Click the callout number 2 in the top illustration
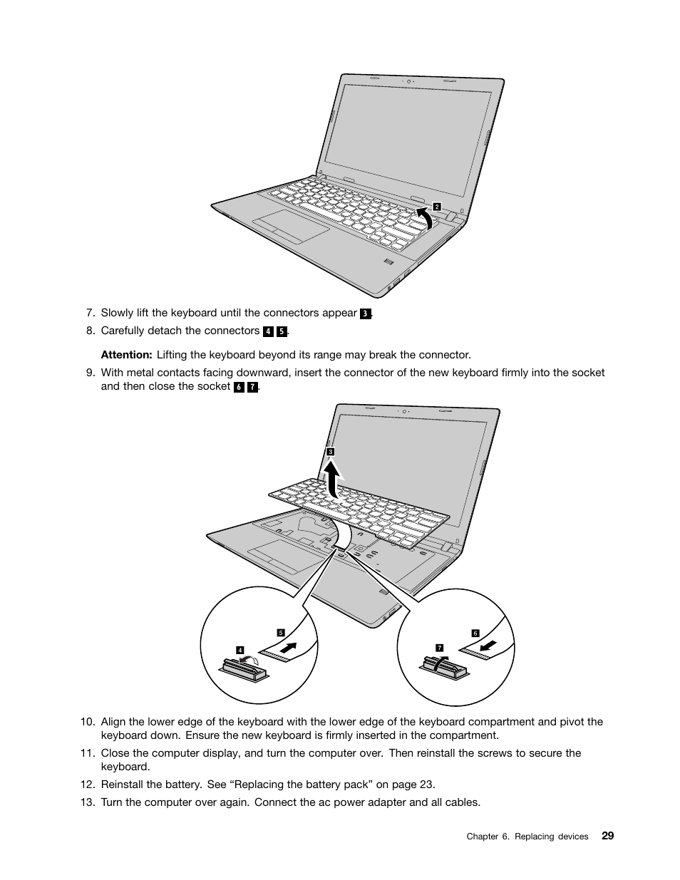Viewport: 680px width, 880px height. click(437, 207)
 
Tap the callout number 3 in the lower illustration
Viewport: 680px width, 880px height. click(331, 452)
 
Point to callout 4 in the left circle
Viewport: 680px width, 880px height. click(240, 650)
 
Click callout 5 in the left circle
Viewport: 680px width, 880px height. click(281, 633)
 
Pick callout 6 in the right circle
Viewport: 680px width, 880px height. click(475, 633)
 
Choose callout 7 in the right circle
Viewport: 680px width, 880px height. click(440, 647)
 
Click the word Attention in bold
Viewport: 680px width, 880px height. click(126, 355)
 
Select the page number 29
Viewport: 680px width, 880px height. click(607, 836)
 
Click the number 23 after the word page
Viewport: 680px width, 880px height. click(426, 785)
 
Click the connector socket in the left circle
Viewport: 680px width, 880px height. click(242, 668)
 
